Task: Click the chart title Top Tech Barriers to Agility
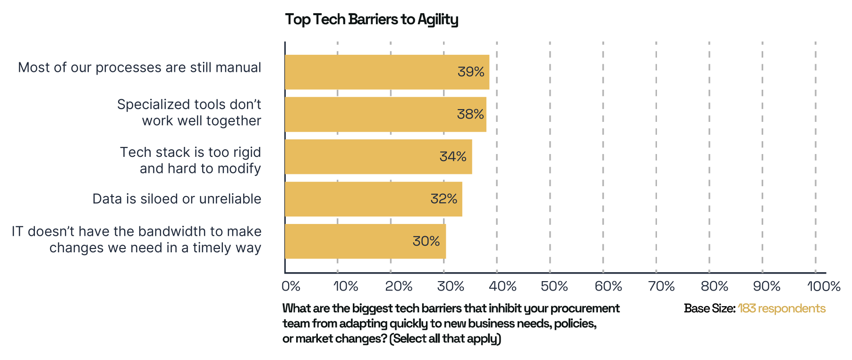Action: click(x=372, y=19)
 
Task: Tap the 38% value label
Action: click(x=470, y=114)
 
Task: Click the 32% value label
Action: click(x=444, y=199)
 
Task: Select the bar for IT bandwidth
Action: click(x=349, y=241)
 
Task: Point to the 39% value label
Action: click(x=471, y=72)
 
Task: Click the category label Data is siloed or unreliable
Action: click(x=177, y=199)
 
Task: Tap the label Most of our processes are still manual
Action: click(x=139, y=68)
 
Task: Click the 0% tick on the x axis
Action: click(x=291, y=286)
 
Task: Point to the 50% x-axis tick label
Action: click(x=554, y=286)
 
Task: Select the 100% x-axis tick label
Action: click(x=823, y=286)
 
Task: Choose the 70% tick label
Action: click(x=661, y=286)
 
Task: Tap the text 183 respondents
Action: click(x=782, y=309)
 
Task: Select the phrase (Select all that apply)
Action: click(x=445, y=339)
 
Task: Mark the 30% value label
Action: click(x=426, y=241)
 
